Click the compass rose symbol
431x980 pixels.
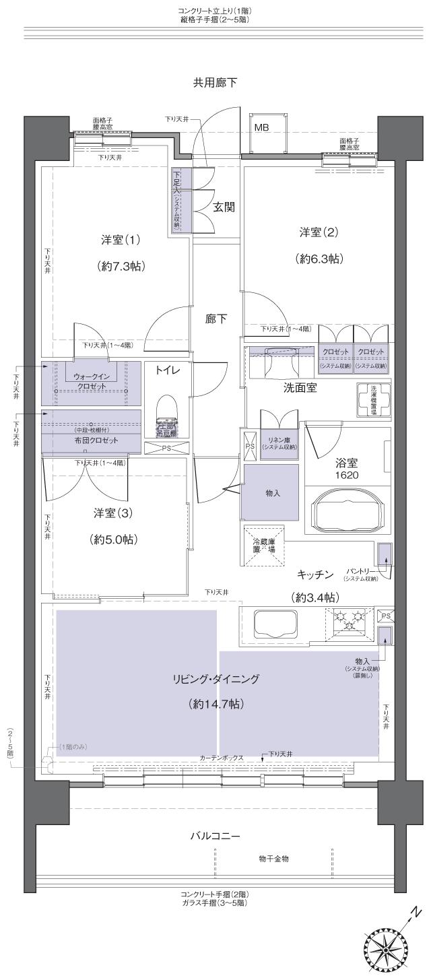[x=389, y=947]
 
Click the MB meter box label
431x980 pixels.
[x=262, y=126]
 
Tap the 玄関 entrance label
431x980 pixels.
[x=224, y=207]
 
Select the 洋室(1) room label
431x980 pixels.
[x=121, y=240]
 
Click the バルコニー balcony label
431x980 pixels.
[x=215, y=836]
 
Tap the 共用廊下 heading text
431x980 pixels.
[x=215, y=83]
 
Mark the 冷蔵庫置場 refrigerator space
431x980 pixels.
[x=264, y=544]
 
